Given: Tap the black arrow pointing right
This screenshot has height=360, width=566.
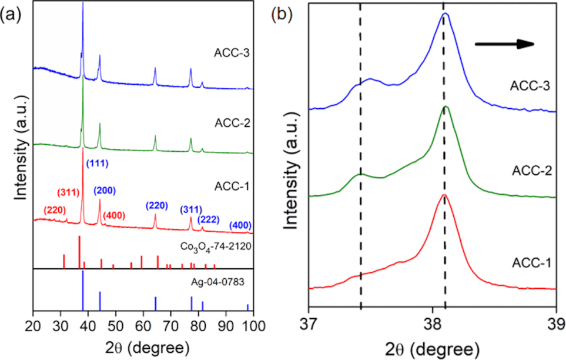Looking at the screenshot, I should [x=504, y=44].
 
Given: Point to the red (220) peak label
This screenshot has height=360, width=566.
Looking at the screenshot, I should [x=56, y=210].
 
